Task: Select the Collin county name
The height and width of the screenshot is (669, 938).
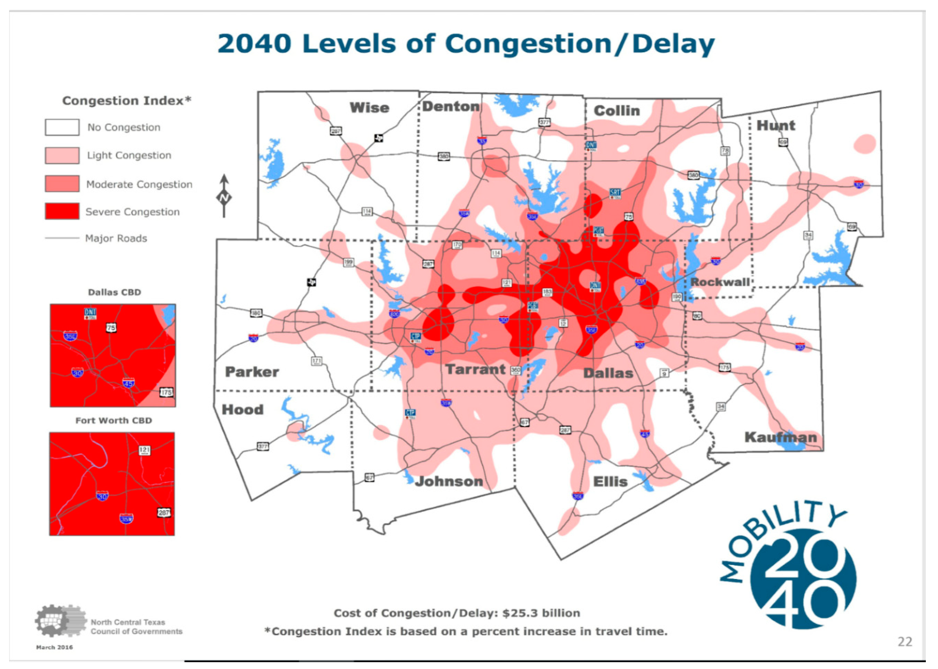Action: tap(616, 111)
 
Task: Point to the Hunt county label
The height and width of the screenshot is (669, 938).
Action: tap(775, 125)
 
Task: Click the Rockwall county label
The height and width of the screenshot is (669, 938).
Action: tap(720, 282)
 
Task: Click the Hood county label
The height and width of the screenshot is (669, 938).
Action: tap(242, 409)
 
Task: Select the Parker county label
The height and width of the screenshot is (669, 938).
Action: tap(252, 372)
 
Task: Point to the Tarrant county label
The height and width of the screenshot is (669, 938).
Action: tap(475, 370)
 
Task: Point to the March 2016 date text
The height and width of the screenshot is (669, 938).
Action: tap(55, 647)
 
